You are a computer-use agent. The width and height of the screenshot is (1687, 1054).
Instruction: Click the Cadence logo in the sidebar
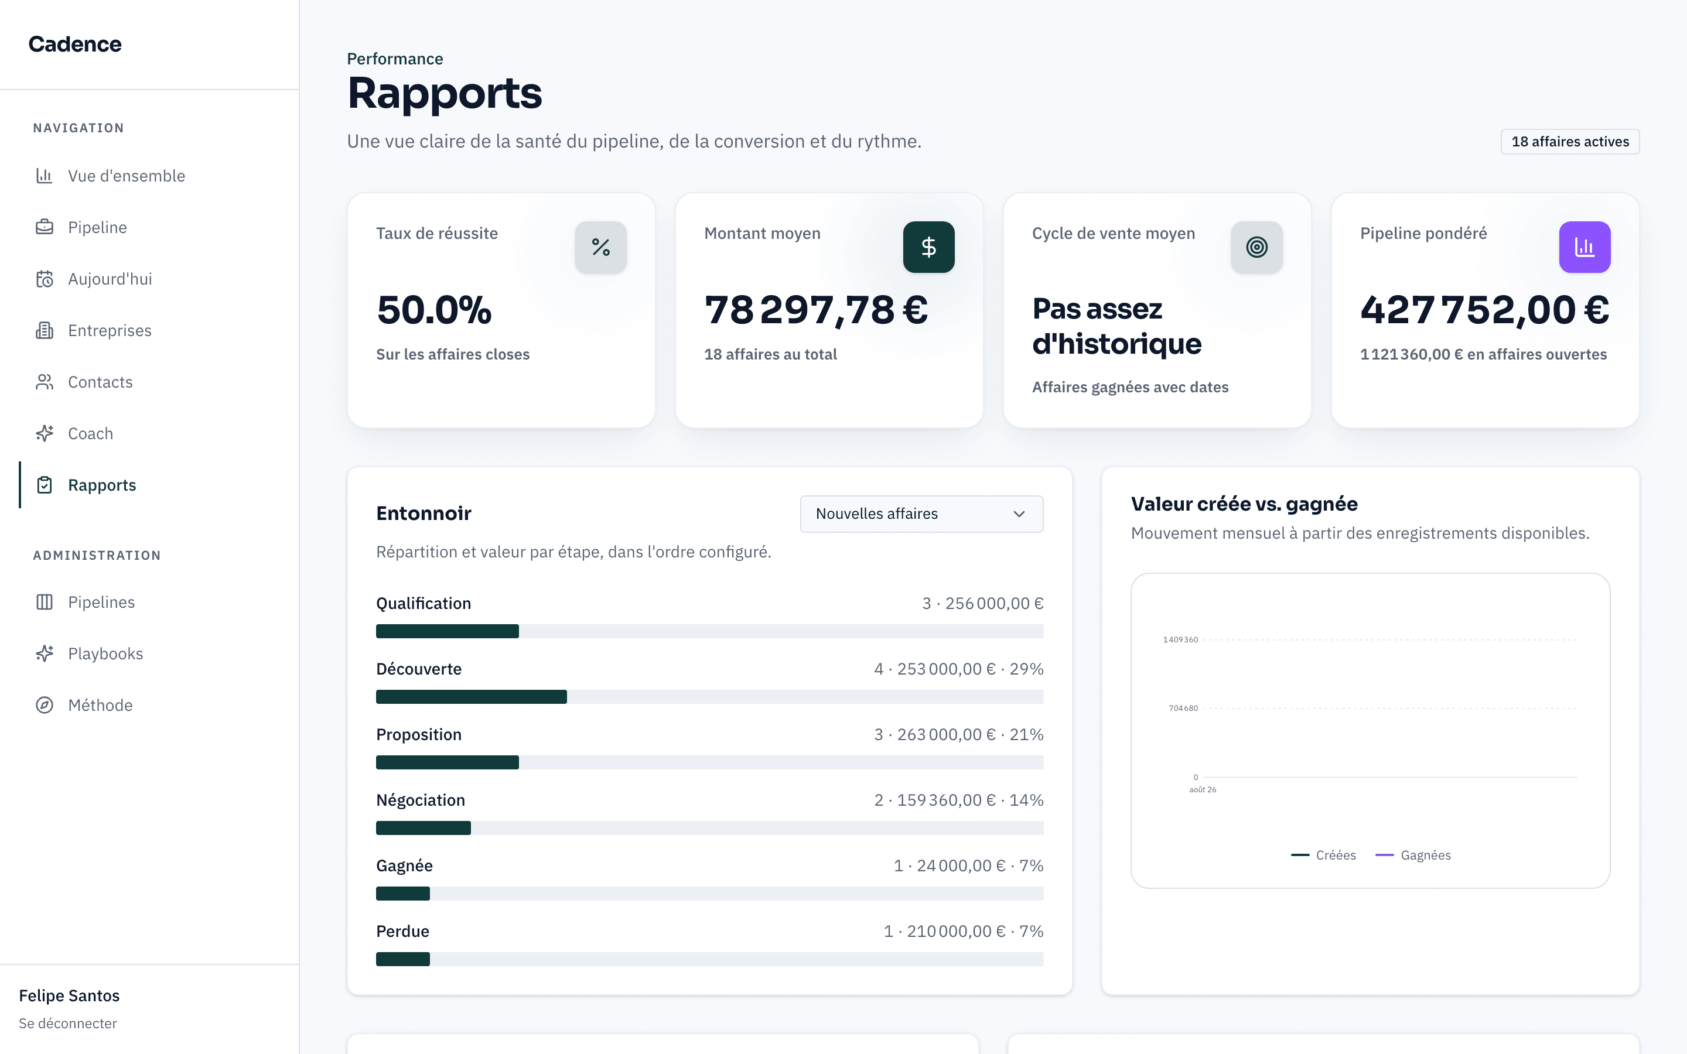(74, 44)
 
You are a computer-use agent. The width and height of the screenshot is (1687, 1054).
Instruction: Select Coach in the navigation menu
(91, 433)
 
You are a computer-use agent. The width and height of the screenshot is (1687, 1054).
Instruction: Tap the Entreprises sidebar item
(110, 330)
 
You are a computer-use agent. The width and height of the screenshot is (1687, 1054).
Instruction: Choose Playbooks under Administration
(105, 654)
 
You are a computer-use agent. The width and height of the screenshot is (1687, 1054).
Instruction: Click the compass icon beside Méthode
(45, 706)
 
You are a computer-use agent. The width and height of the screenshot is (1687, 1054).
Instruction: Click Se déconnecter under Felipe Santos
(67, 1024)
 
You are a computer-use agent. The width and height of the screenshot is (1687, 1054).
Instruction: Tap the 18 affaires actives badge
(1570, 142)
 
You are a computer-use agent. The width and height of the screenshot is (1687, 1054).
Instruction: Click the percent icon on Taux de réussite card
(601, 247)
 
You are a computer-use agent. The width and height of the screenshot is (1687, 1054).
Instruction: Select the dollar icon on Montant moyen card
(928, 247)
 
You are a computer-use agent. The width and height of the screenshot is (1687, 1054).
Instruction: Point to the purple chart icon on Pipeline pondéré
(1584, 247)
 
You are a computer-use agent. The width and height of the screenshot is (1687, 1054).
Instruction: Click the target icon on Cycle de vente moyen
(1257, 247)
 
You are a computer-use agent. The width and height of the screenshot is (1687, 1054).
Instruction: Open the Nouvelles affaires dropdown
(921, 514)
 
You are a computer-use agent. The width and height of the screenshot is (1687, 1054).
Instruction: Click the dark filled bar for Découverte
(471, 696)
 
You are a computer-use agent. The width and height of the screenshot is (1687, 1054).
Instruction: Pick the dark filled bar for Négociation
(423, 827)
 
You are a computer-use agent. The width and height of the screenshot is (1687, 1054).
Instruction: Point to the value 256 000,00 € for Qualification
(994, 604)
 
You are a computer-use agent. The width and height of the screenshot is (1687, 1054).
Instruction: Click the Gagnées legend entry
(1413, 855)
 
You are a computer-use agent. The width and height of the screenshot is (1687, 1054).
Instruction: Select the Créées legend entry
(1323, 855)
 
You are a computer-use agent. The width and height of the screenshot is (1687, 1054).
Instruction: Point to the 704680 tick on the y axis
(1183, 709)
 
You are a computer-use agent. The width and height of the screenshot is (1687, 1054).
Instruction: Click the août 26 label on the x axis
(1203, 790)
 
